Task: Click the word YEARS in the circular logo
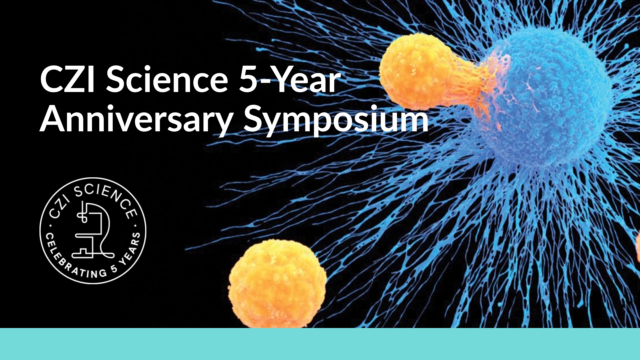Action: (x=131, y=250)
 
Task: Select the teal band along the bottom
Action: (x=320, y=344)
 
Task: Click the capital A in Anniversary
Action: (x=54, y=119)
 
